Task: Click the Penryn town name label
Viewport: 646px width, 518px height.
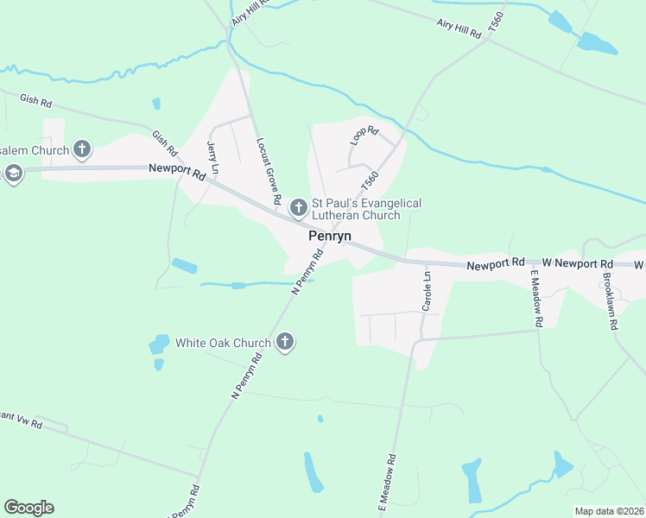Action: click(330, 236)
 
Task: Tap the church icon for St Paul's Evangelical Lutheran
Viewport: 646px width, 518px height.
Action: click(299, 208)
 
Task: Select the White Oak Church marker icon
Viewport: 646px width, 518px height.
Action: click(285, 343)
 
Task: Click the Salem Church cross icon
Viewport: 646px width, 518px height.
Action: click(82, 150)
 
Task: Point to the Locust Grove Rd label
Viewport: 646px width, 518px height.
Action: click(269, 171)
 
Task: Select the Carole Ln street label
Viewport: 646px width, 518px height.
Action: click(427, 292)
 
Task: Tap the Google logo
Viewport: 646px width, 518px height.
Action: click(28, 508)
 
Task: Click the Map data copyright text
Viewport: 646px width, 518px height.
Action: click(610, 511)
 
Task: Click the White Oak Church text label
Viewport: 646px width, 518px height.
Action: click(224, 343)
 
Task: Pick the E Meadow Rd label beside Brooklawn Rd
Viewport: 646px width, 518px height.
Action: click(536, 299)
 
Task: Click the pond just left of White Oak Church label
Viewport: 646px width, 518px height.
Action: click(159, 344)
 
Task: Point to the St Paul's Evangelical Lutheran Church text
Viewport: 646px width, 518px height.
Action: click(366, 209)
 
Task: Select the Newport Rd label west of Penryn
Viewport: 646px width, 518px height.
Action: click(177, 172)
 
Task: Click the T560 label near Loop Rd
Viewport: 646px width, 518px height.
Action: click(369, 182)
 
